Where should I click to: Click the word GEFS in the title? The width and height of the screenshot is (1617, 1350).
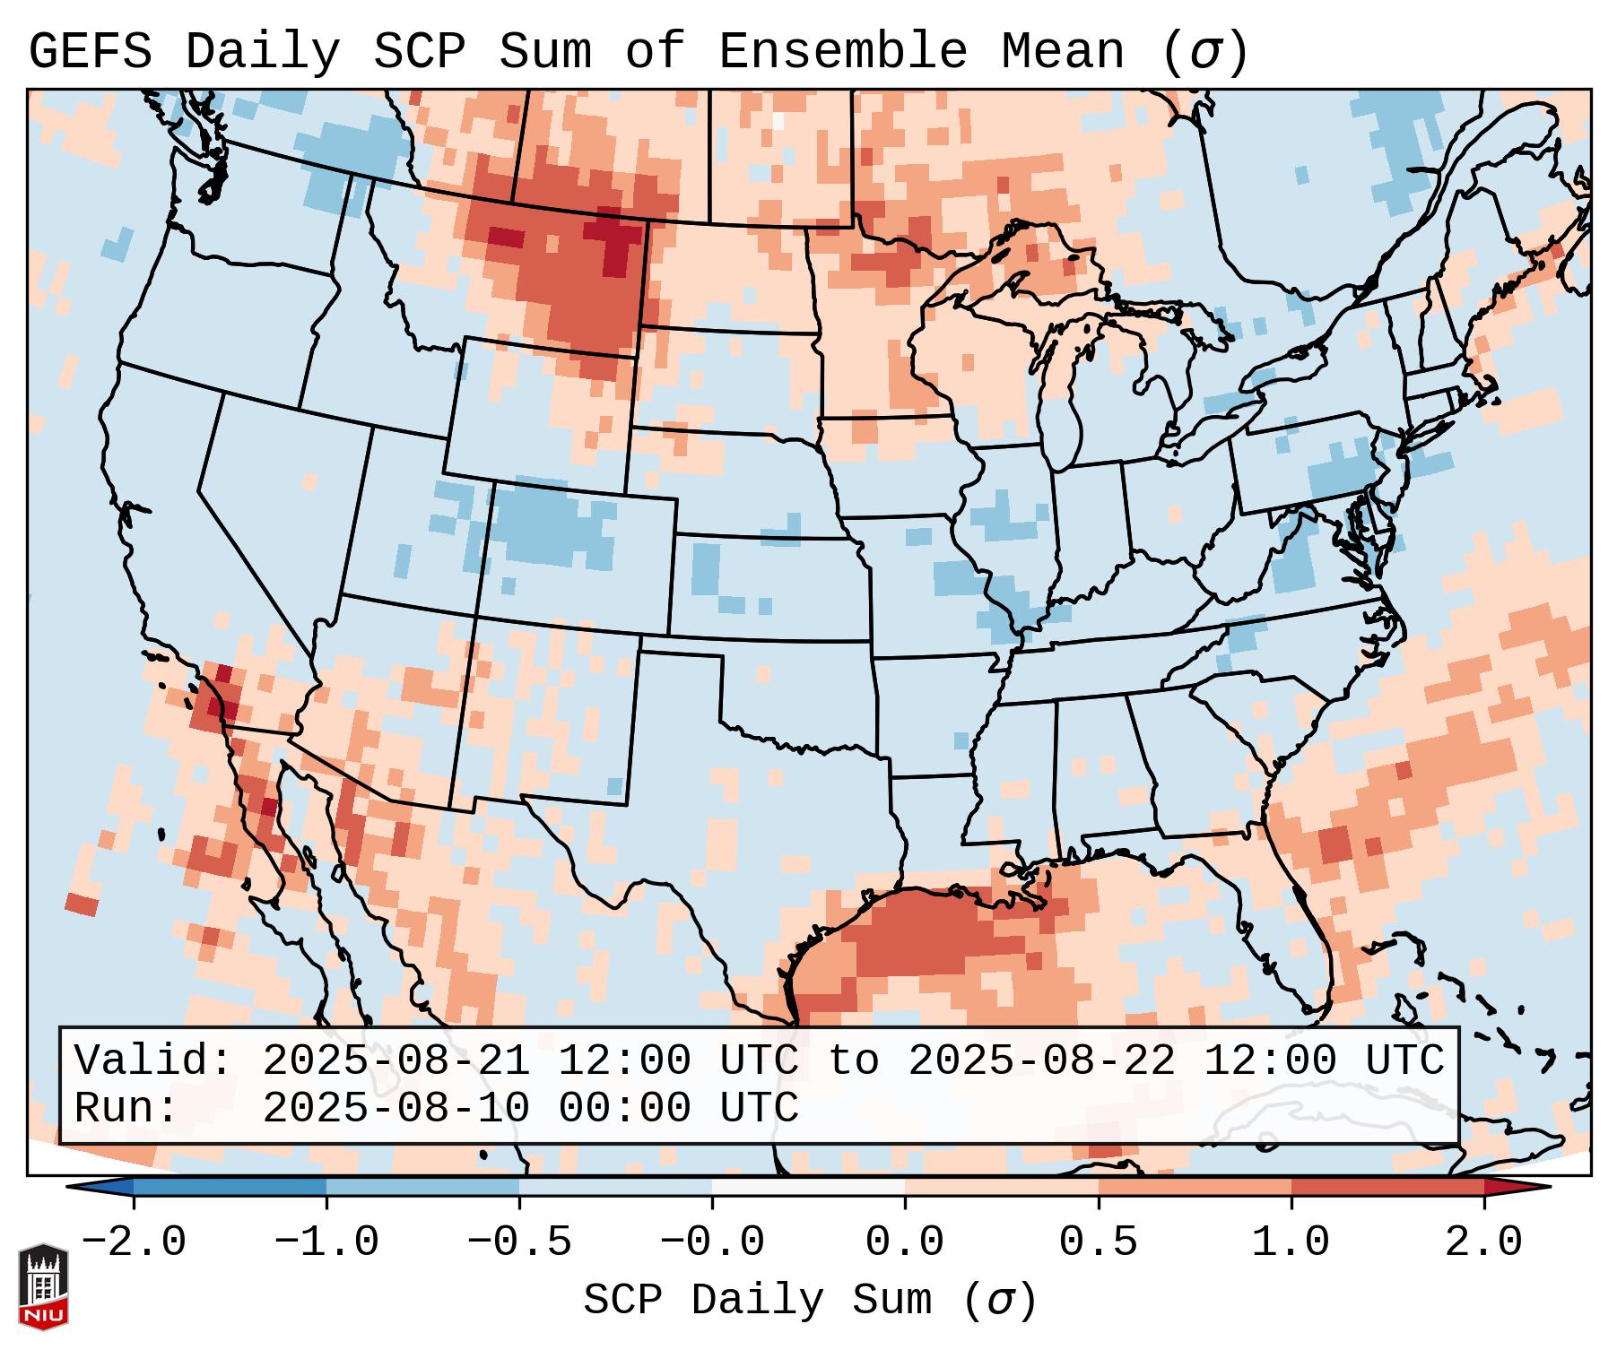point(90,51)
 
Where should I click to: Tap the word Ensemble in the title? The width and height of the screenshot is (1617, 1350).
point(842,51)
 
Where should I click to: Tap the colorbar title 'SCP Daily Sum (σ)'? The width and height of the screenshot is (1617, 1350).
point(810,1300)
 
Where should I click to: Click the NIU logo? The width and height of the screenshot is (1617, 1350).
point(43,1285)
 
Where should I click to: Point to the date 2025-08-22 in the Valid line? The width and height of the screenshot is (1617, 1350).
point(1041,1061)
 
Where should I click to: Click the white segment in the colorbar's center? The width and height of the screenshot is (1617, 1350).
point(808,1187)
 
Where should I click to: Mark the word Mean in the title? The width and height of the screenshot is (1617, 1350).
point(1062,51)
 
